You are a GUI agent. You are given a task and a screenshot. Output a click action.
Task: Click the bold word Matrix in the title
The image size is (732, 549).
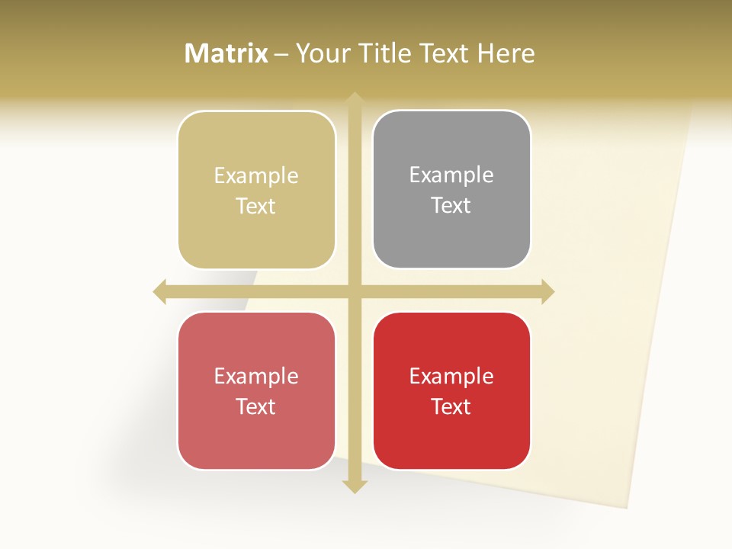point(226,53)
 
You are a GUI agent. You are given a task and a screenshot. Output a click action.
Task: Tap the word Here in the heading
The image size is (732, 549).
point(506,53)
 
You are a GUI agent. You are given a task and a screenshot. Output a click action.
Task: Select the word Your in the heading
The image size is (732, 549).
point(323,53)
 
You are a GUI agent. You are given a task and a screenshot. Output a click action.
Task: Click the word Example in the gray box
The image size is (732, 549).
point(451,175)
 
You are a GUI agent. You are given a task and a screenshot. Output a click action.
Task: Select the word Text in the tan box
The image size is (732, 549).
point(255,207)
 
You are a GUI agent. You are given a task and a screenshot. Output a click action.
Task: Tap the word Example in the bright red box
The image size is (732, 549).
point(451,376)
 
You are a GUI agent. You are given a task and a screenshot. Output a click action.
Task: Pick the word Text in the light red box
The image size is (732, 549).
point(255,407)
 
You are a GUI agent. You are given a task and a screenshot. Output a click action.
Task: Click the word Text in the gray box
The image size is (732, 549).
point(451,206)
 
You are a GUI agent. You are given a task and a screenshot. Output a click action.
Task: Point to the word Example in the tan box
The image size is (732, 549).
point(256,176)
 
